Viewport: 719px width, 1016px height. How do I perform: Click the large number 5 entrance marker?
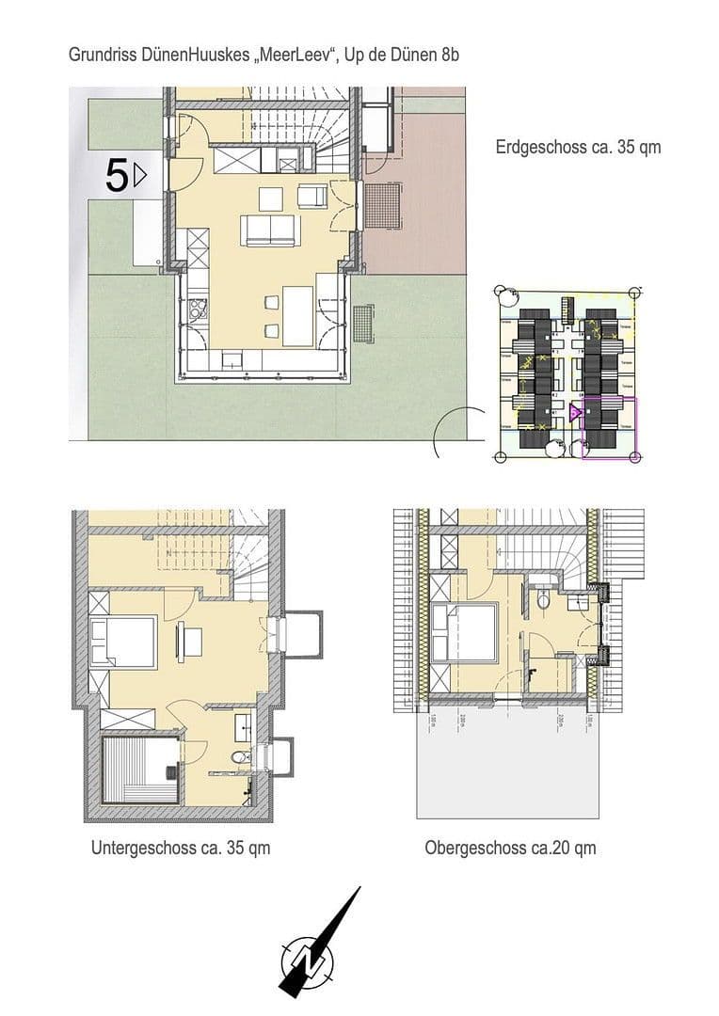pos(117,176)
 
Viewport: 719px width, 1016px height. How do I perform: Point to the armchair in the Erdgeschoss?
pos(312,196)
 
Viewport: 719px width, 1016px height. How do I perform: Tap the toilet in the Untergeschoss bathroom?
pos(240,758)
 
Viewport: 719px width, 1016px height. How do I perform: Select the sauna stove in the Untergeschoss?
pos(171,771)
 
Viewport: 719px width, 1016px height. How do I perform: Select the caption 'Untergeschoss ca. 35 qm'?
pos(181,848)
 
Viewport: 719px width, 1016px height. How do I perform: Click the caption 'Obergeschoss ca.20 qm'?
pos(510,848)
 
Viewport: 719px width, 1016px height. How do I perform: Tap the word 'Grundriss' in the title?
pos(99,56)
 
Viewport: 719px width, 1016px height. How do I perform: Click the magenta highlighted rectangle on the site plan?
pos(609,428)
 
